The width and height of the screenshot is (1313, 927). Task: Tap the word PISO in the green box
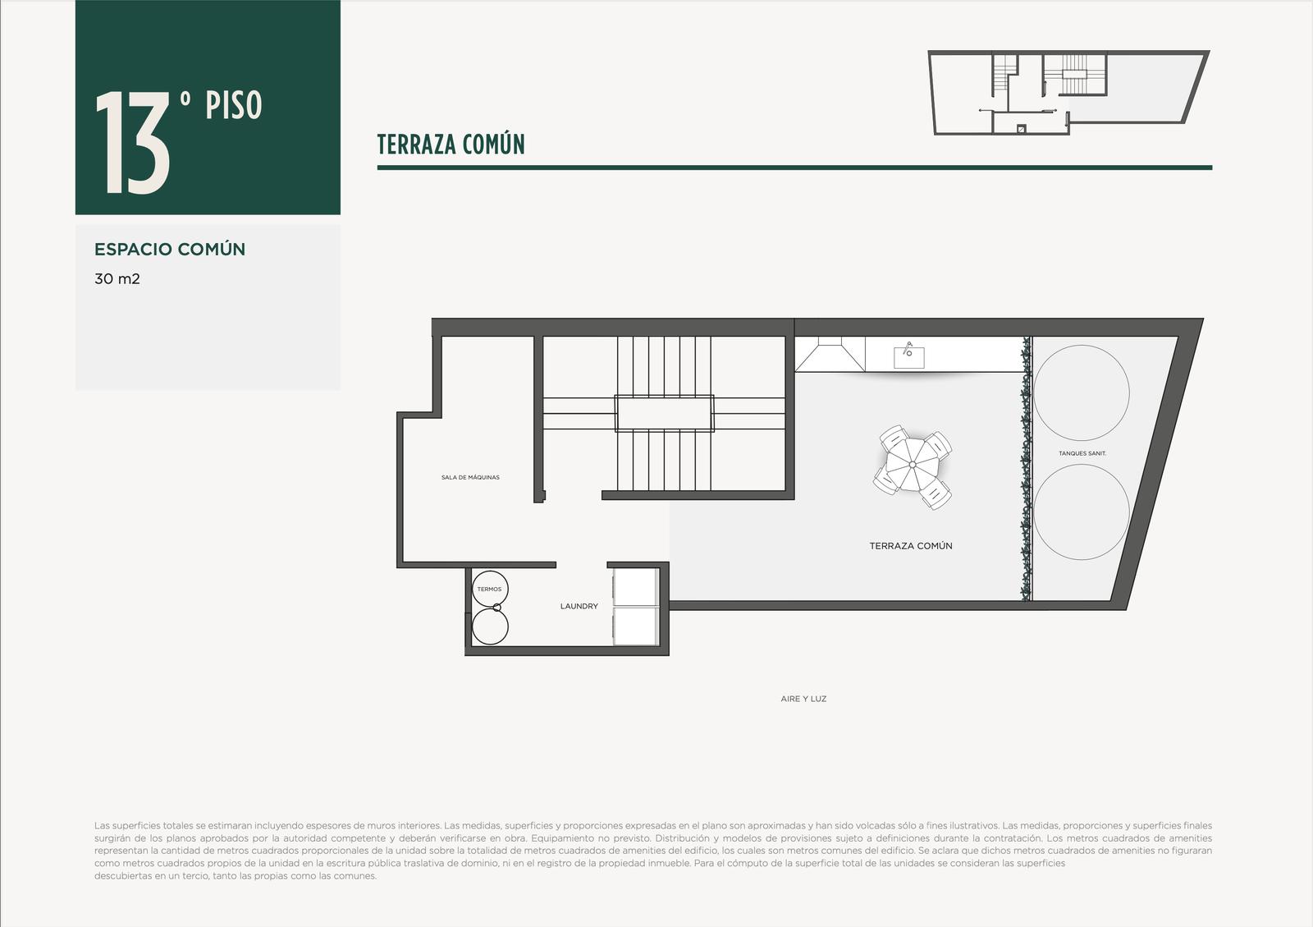[x=233, y=106]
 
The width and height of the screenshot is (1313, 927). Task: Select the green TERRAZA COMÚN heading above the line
[x=451, y=145]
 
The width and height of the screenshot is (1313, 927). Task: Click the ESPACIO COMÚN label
[x=170, y=249]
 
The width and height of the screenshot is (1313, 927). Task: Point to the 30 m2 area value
[x=117, y=278]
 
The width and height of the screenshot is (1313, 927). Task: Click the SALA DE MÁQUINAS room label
[x=470, y=477]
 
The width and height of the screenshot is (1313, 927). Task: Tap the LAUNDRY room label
[x=579, y=606]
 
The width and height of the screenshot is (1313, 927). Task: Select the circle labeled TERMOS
[x=490, y=589]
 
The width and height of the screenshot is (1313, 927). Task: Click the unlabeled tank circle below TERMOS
[x=490, y=626]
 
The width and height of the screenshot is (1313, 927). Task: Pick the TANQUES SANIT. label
[x=1082, y=453]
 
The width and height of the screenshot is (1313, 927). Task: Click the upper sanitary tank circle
[x=1082, y=392]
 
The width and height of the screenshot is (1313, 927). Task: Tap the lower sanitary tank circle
[x=1082, y=512]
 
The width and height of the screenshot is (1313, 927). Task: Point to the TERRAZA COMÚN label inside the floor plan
[x=910, y=546]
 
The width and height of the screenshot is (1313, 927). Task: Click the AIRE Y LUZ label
[x=803, y=699]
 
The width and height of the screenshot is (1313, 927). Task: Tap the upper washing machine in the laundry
[x=636, y=587]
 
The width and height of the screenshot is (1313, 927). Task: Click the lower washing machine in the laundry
[x=636, y=626]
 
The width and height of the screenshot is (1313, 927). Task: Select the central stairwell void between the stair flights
[x=664, y=413]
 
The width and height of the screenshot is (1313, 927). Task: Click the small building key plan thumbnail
[x=1068, y=93]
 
